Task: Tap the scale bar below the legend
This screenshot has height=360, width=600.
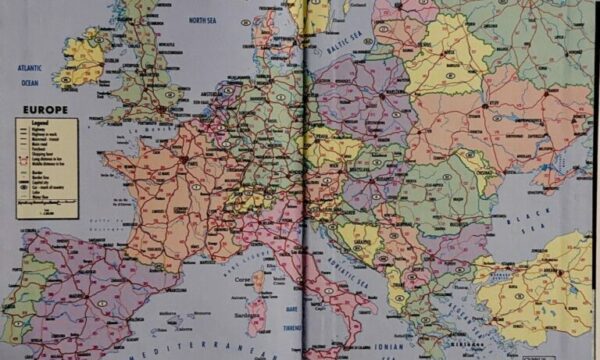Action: pos(46,212)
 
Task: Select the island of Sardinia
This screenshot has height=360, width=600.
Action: pos(256,316)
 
